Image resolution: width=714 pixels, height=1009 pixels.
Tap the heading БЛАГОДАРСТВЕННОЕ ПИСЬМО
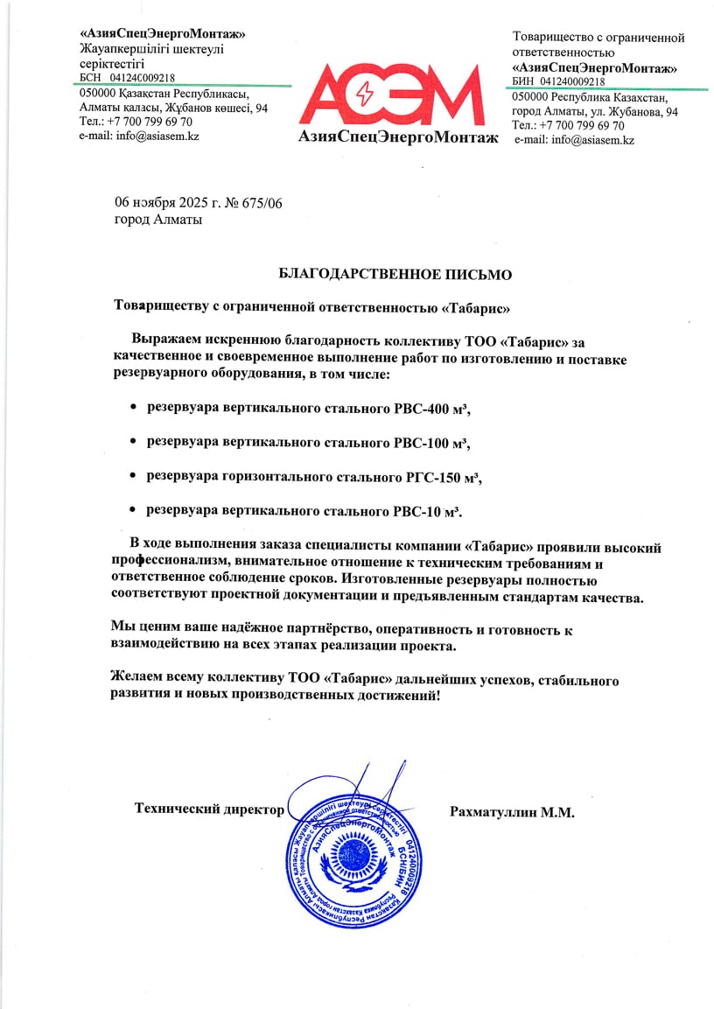(x=395, y=274)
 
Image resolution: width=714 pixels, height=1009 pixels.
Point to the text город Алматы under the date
(x=158, y=220)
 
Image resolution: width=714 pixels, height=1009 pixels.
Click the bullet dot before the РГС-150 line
(x=133, y=476)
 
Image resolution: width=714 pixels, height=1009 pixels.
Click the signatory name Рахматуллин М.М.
(x=512, y=812)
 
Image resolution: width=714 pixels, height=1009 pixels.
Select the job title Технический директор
(x=209, y=809)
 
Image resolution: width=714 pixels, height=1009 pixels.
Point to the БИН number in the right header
(x=572, y=81)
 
